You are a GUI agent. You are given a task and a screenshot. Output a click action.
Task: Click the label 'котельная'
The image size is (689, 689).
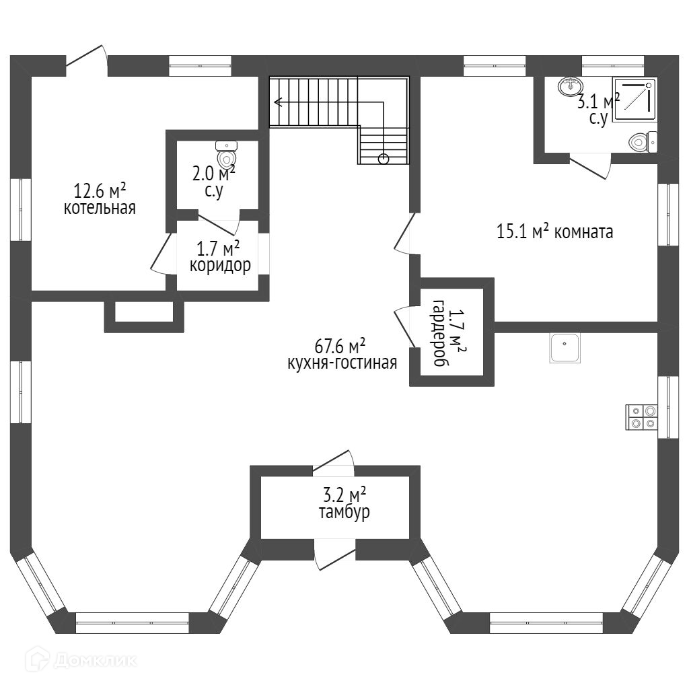(100, 208)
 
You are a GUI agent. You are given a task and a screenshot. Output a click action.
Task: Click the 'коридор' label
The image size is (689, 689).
(220, 265)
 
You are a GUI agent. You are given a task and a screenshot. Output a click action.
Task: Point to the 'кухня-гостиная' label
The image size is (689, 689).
(342, 363)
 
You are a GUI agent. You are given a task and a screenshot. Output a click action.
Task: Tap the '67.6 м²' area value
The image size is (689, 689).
(340, 347)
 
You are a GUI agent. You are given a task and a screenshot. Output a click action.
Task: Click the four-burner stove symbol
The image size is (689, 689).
(641, 417)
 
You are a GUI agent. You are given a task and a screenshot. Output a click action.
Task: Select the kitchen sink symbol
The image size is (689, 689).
(565, 348)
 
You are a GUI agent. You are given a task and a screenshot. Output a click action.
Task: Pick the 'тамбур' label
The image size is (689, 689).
(344, 512)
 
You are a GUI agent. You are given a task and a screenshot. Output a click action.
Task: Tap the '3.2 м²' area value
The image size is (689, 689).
(344, 496)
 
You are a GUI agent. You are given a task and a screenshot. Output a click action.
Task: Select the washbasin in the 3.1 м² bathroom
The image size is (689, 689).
(571, 86)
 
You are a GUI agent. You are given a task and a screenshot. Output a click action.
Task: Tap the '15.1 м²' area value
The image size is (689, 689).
(522, 233)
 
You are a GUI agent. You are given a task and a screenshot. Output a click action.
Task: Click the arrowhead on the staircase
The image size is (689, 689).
(278, 102)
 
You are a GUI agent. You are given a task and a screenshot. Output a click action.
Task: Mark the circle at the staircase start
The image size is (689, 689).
(383, 159)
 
